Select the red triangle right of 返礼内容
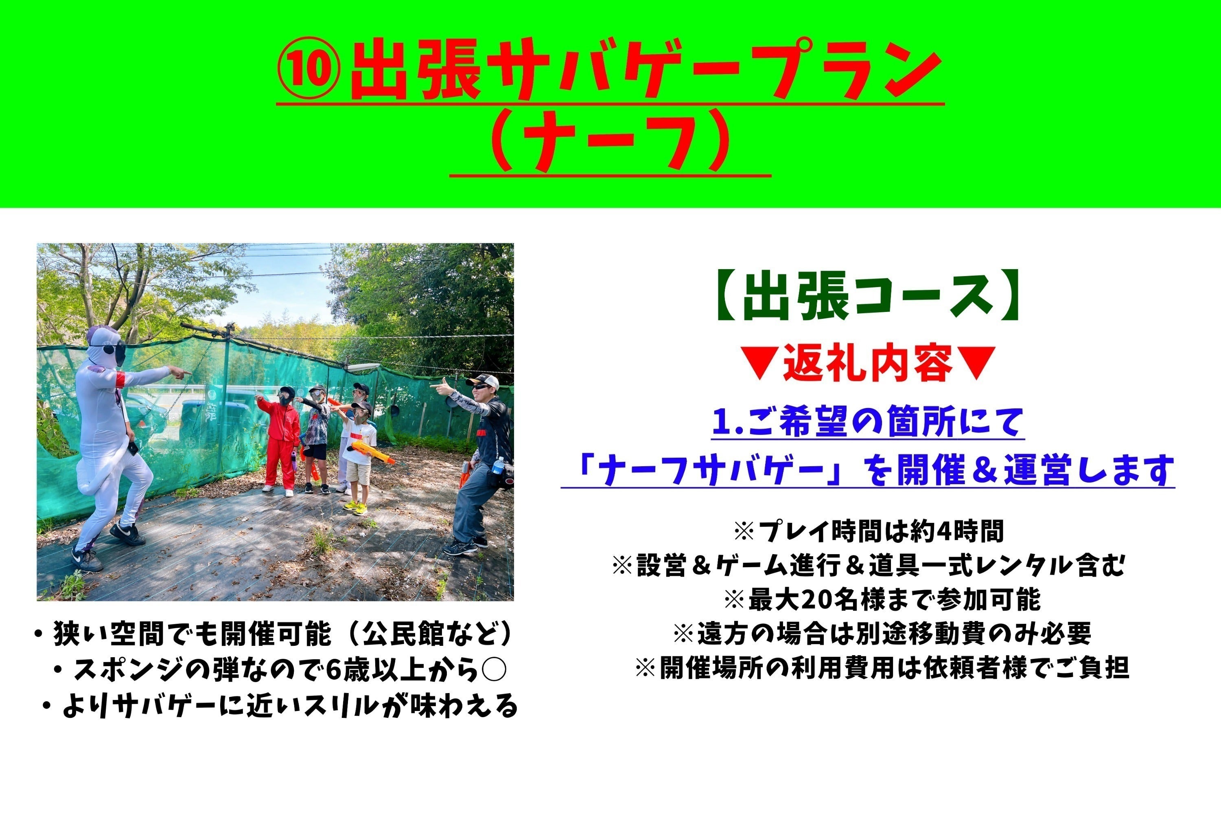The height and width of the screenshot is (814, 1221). pyautogui.click(x=976, y=363)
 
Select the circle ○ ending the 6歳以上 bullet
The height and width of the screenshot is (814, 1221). pyautogui.click(x=492, y=670)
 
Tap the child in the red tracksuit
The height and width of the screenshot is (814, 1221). pyautogui.click(x=281, y=441)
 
